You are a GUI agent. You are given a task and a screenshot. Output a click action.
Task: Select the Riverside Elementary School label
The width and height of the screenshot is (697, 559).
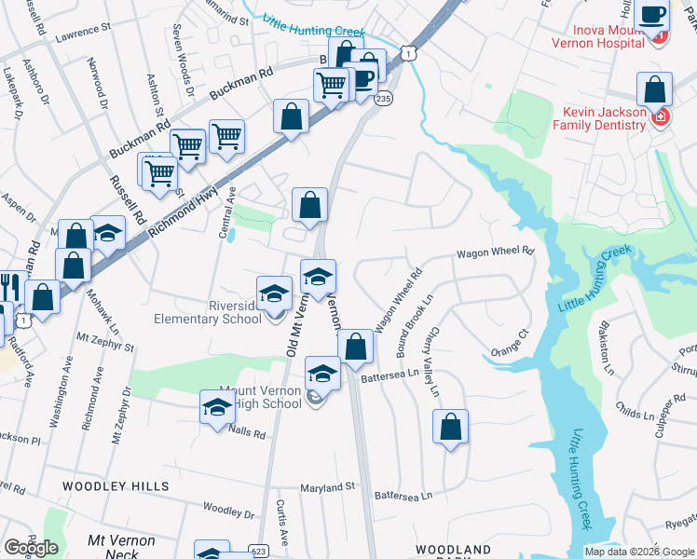pos(207,311)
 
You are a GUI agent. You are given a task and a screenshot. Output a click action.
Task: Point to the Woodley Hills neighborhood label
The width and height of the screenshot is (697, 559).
pos(116,486)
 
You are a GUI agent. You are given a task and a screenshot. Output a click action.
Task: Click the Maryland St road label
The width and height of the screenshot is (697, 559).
pos(327,486)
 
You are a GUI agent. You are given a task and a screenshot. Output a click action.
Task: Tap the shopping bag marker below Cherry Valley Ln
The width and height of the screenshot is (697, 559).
pos(450,428)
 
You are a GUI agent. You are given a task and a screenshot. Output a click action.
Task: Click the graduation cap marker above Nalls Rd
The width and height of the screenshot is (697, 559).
pos(217,407)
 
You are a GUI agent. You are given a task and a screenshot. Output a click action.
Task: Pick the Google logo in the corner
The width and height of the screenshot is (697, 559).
pos(31,548)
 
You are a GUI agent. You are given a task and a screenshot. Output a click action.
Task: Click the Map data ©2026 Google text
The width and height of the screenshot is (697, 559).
pos(638,552)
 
